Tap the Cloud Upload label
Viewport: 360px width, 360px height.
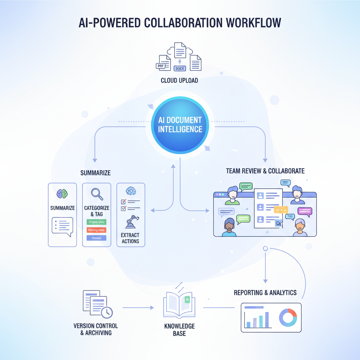(179, 81)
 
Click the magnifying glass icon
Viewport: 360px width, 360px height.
(96, 194)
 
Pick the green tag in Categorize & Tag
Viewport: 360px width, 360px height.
(96, 222)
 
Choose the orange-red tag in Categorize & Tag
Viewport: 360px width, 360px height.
(96, 230)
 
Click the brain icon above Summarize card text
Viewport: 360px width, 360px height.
(62, 194)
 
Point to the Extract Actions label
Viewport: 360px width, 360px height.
(130, 238)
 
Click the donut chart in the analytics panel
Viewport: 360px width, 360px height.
(288, 317)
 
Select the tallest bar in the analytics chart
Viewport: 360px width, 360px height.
(266, 319)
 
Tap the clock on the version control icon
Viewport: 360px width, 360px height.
(107, 312)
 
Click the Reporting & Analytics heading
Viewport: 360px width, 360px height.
(265, 292)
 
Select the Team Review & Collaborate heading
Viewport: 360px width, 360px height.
(265, 171)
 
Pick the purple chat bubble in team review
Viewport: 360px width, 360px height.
(304, 211)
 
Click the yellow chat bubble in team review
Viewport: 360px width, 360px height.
(280, 210)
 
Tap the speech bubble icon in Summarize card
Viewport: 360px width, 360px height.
(62, 225)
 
